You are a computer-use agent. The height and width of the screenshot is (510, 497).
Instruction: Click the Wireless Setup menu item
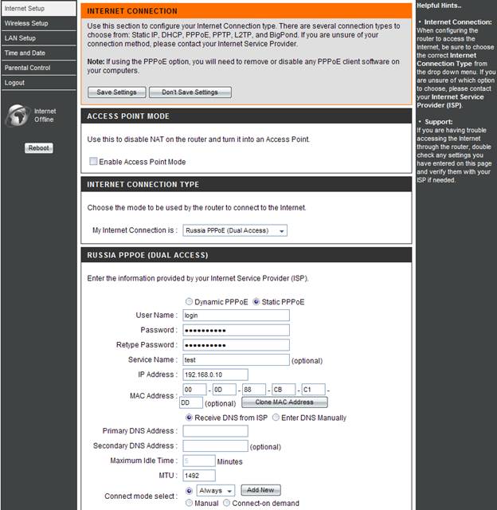tap(26, 23)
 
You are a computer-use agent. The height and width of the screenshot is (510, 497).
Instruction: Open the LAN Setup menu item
tap(20, 38)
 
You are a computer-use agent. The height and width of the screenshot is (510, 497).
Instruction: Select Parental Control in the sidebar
tap(27, 68)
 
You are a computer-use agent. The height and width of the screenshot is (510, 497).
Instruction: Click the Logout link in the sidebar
tap(14, 83)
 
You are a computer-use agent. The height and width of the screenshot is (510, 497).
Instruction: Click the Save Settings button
tap(116, 92)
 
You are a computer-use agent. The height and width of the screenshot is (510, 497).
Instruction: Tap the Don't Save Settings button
tap(190, 92)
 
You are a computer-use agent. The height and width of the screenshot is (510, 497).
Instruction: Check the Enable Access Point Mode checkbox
tap(93, 162)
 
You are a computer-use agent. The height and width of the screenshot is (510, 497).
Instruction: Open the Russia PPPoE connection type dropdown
tap(235, 231)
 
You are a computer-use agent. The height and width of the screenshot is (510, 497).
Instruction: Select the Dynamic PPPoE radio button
tap(189, 302)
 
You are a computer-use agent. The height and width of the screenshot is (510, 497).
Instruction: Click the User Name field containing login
tap(236, 316)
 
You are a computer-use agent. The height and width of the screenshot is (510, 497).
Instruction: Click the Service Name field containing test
tap(236, 360)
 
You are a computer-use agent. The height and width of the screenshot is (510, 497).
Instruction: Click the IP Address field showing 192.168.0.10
tap(215, 375)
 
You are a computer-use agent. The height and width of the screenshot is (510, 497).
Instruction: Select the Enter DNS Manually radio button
tap(276, 418)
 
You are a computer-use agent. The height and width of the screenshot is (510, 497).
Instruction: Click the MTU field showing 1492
tap(199, 476)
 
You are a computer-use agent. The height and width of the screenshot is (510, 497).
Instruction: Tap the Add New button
tap(260, 490)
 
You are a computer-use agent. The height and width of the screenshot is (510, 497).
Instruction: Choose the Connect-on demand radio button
tap(227, 504)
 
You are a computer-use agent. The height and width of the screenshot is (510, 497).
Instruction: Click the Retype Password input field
tap(236, 345)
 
